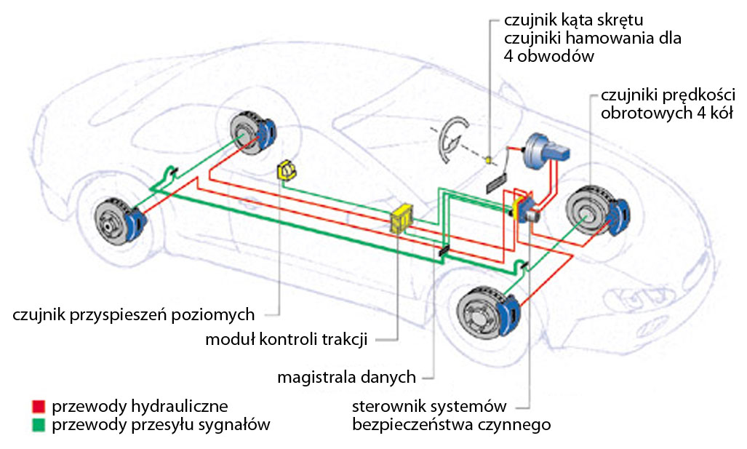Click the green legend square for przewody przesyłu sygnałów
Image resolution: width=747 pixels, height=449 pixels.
[x=38, y=424]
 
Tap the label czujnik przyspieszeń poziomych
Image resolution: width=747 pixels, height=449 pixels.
[x=134, y=315]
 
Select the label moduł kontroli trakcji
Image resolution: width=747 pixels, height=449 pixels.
[x=286, y=339]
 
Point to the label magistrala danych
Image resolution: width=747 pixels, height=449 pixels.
[x=346, y=377]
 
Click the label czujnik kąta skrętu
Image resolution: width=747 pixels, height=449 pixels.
[x=573, y=20]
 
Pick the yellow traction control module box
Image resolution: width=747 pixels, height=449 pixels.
[x=402, y=218]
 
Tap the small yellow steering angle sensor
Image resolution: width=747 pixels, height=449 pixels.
[x=491, y=159]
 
